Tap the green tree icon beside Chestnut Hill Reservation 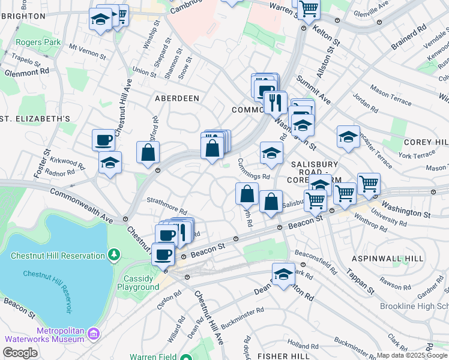[113, 256]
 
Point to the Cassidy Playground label [141, 283]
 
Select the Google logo [20, 353]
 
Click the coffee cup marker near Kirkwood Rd [103, 140]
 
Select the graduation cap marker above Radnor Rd [110, 162]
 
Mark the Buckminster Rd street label [243, 312]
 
